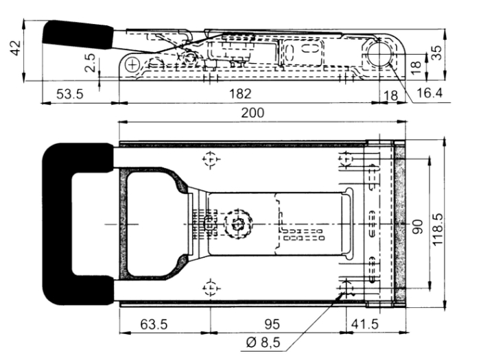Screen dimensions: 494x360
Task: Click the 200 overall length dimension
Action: (x=252, y=112)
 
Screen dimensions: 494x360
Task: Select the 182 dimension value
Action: (x=240, y=94)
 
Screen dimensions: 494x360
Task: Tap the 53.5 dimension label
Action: (x=70, y=94)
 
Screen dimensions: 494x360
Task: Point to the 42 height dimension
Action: (x=16, y=48)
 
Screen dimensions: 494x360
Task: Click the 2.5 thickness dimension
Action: (x=90, y=62)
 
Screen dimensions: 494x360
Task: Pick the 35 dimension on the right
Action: (x=436, y=53)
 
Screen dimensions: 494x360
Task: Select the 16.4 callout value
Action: (x=429, y=93)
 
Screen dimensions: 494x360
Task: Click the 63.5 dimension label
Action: (x=154, y=324)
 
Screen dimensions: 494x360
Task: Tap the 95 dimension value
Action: (x=272, y=324)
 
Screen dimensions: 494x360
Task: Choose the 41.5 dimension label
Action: (x=364, y=324)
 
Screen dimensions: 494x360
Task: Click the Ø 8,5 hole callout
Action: (x=263, y=342)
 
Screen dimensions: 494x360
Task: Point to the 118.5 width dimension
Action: (x=438, y=230)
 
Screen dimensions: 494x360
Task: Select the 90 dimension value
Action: (x=417, y=227)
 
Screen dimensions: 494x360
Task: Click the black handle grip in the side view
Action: (x=78, y=35)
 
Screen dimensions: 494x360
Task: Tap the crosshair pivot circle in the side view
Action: (x=132, y=65)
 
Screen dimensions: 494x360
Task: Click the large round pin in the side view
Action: (x=379, y=54)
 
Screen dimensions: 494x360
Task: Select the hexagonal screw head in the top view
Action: (x=237, y=224)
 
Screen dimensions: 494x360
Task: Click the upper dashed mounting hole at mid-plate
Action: (x=210, y=159)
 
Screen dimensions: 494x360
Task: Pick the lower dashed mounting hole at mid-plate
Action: (x=211, y=288)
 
